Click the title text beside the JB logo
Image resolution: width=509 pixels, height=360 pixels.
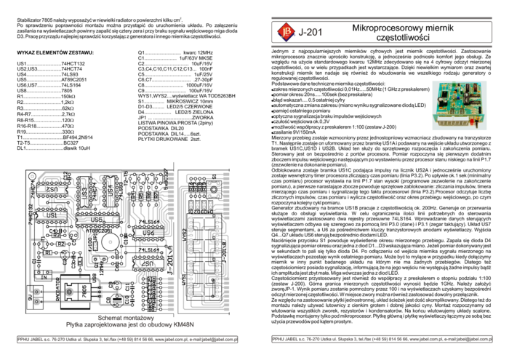pyautogui.click(x=310, y=32)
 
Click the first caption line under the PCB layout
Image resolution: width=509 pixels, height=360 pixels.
pyautogui.click(x=131, y=318)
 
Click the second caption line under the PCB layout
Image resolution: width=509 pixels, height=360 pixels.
pyautogui.click(x=131, y=325)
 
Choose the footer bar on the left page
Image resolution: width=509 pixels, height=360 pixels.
pyautogui.click(x=127, y=339)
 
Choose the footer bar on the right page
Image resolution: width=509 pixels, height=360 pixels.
pyautogui.click(x=381, y=339)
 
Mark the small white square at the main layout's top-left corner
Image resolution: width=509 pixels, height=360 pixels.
pyautogui.click(x=33, y=176)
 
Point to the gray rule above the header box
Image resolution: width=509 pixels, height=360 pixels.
pyautogui.click(x=381, y=17)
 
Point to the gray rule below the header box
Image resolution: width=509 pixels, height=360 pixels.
pyautogui.click(x=381, y=47)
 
